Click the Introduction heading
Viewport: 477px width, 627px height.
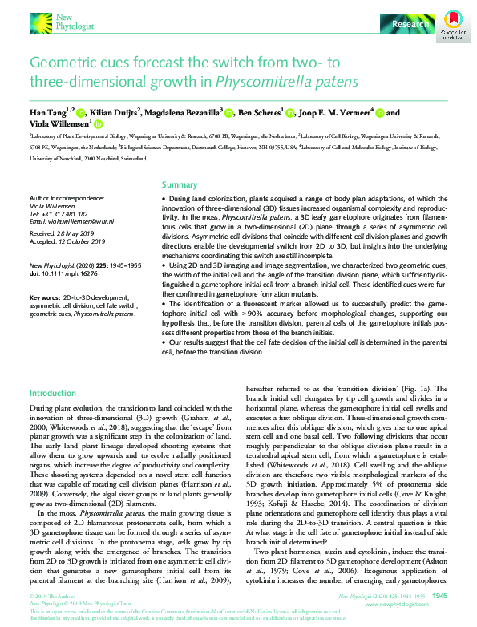coord(53,393)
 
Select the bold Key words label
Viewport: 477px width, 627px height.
coord(44,297)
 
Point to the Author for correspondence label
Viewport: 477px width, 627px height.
coord(66,197)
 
